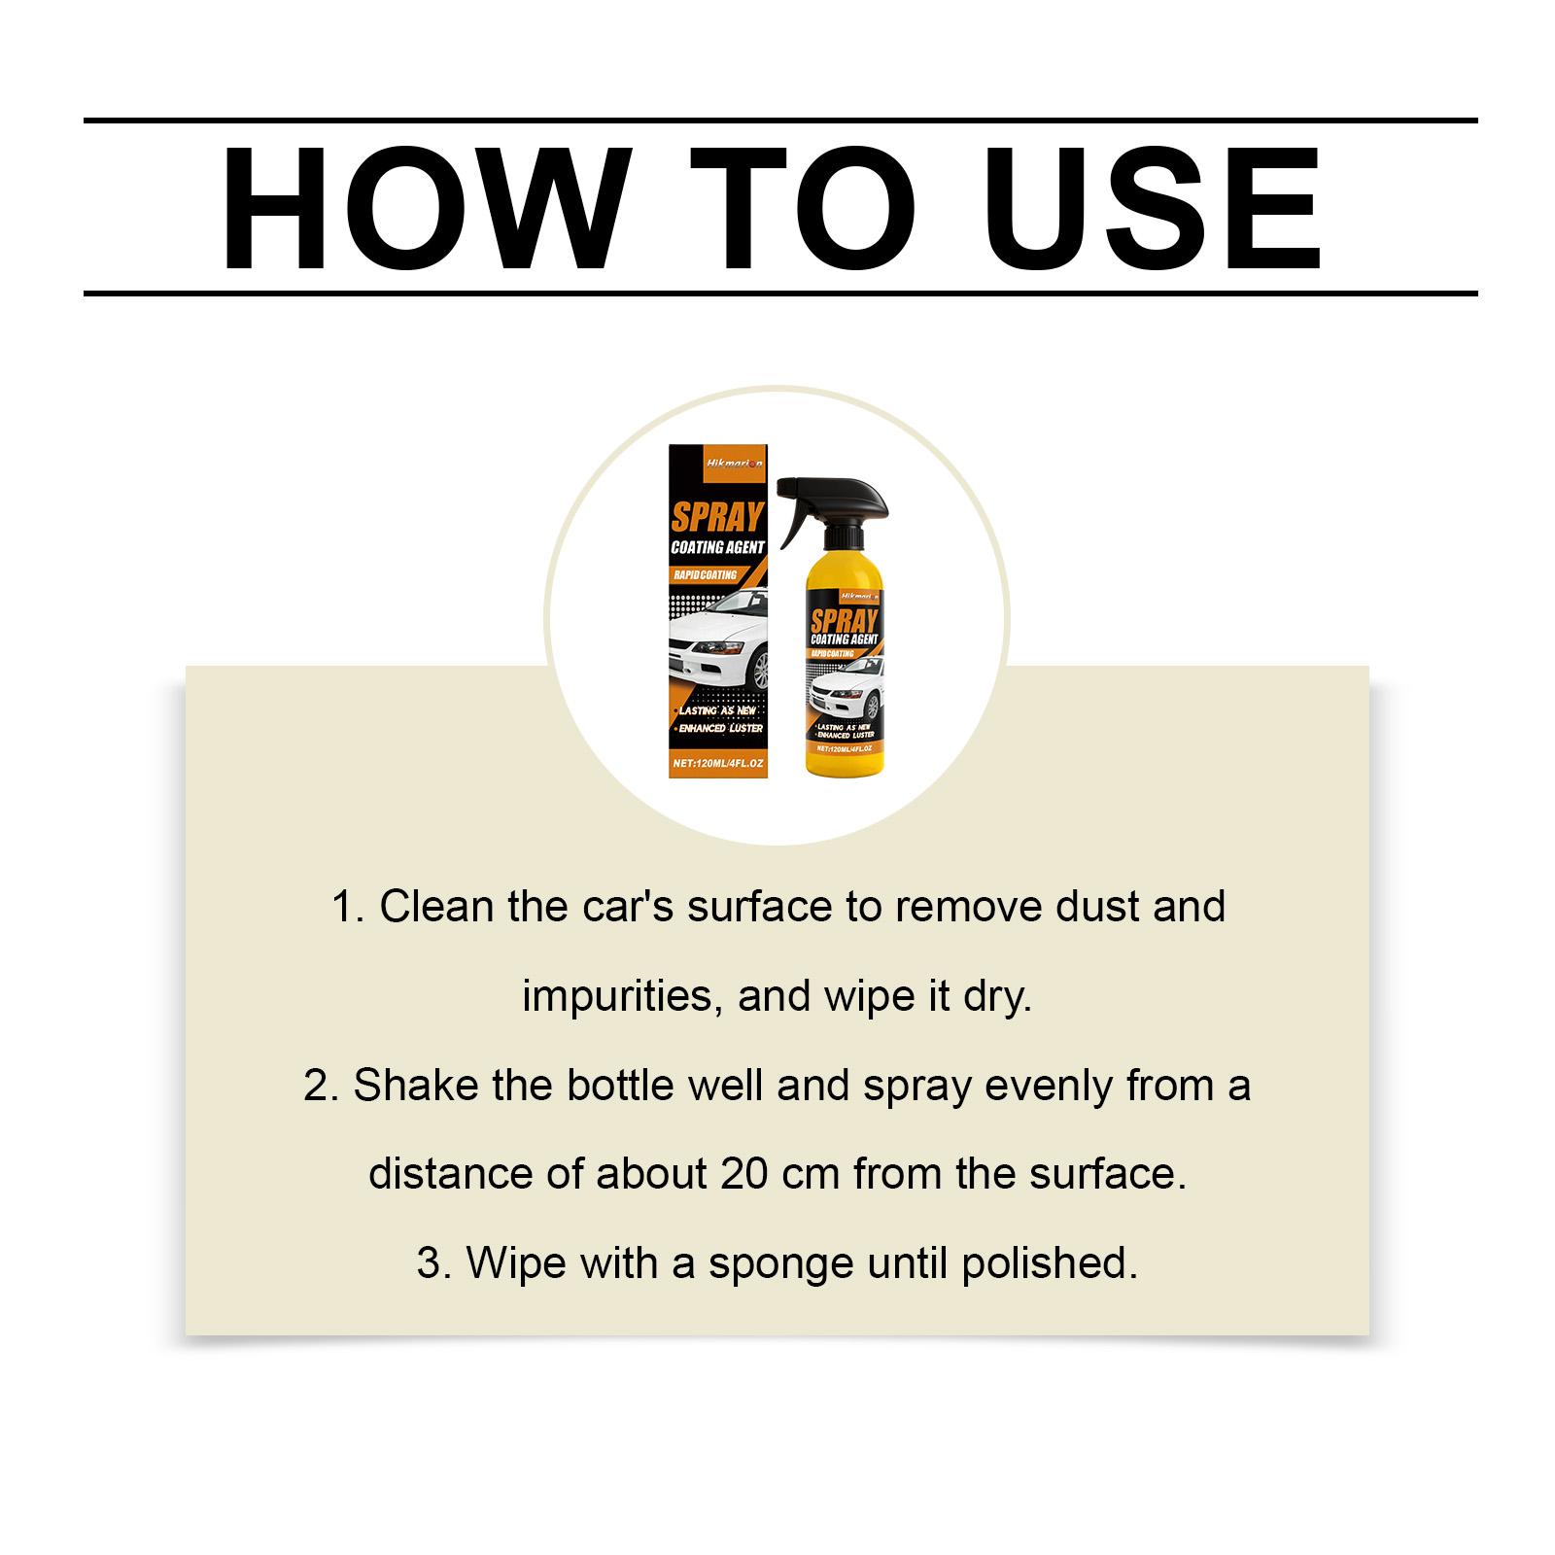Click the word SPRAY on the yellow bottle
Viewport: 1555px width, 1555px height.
coord(845,622)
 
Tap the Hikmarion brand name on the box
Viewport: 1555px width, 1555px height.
coord(717,465)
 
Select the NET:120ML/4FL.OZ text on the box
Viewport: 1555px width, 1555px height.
coord(717,764)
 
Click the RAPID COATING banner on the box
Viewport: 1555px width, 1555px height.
coord(706,575)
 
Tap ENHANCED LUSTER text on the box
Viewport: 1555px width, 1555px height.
coord(720,728)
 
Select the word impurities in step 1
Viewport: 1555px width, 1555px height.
coord(623,996)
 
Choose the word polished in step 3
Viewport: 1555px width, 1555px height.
coord(1049,1263)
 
